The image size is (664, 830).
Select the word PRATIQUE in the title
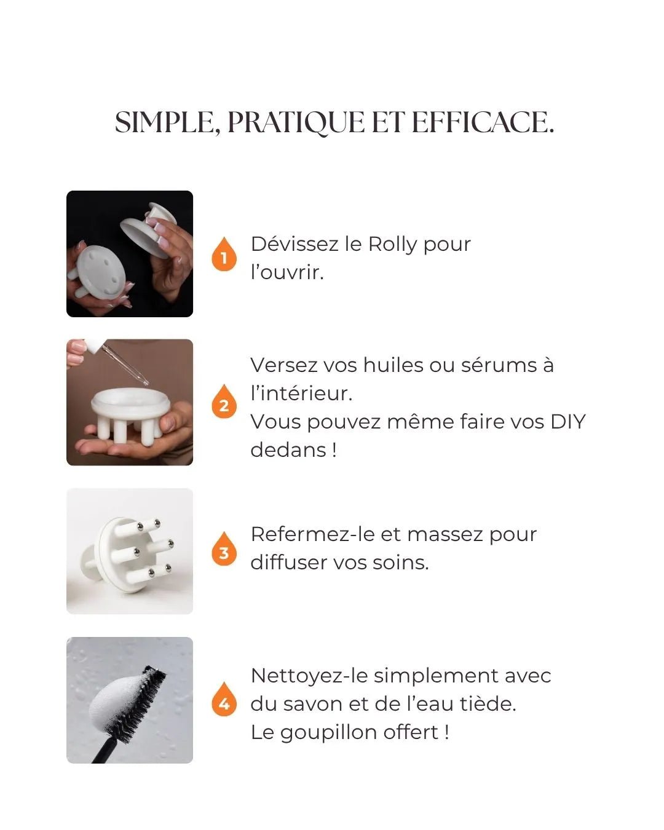click(x=296, y=122)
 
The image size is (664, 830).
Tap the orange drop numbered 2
click(x=224, y=403)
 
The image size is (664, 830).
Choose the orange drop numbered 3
click(x=224, y=550)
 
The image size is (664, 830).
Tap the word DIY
click(x=567, y=422)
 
